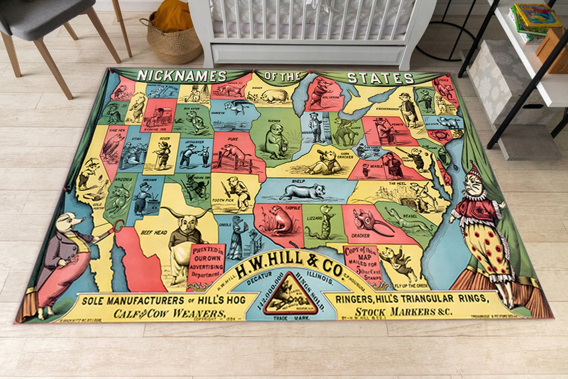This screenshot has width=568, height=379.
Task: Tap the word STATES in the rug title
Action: pos(380,78)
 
